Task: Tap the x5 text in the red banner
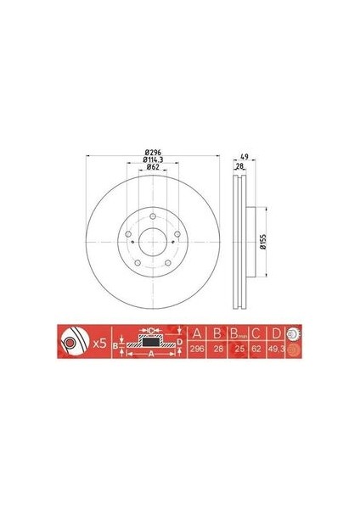pyautogui.click(x=98, y=344)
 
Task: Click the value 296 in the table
pyautogui.click(x=198, y=350)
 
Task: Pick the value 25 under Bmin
pyautogui.click(x=239, y=350)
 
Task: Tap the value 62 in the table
pyautogui.click(x=256, y=350)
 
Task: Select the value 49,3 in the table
pyautogui.click(x=276, y=350)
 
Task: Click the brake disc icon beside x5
pyautogui.click(x=70, y=344)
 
